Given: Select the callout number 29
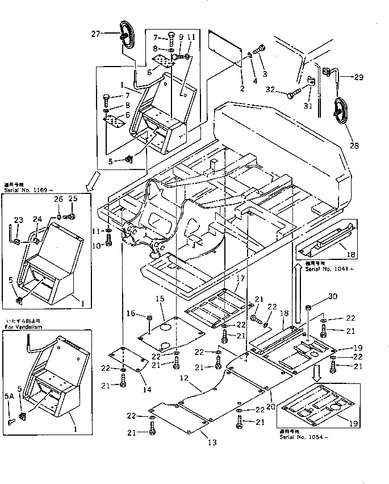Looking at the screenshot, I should click(359, 77).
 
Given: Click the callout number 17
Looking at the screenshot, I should click(240, 279).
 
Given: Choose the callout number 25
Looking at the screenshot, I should click(72, 199).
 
